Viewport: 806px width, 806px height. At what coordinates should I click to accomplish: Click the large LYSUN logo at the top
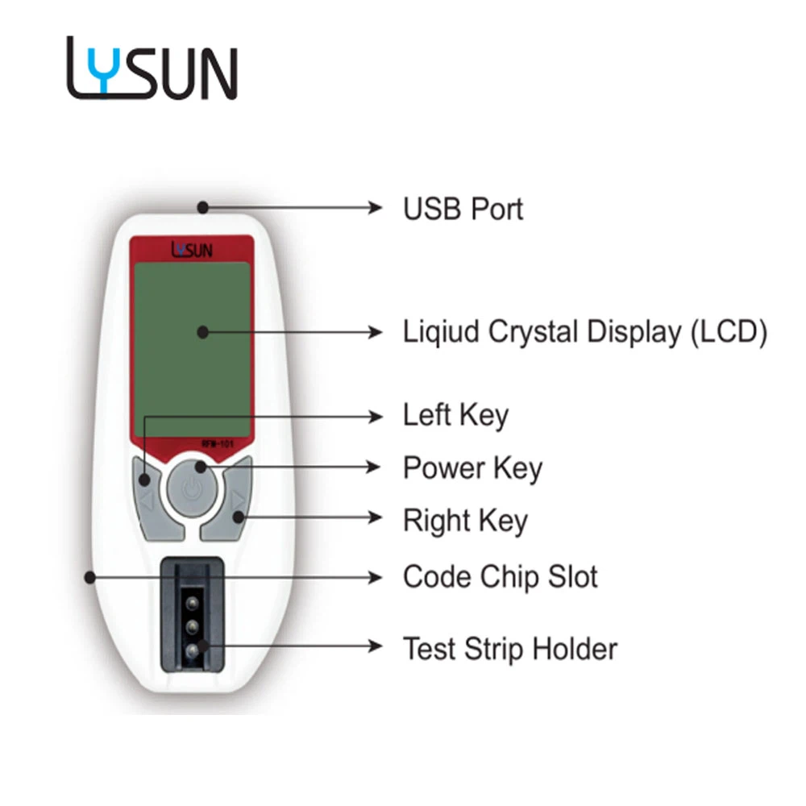[152, 68]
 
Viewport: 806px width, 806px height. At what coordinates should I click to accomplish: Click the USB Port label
[463, 209]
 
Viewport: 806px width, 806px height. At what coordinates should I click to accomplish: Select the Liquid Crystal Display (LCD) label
[585, 332]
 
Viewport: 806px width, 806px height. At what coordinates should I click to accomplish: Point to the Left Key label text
[455, 415]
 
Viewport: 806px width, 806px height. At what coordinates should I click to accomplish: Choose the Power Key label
[472, 468]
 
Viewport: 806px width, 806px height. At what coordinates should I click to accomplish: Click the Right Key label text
[465, 521]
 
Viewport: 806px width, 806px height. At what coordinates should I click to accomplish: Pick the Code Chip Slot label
[501, 577]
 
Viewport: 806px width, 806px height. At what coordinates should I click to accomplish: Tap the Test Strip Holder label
[510, 649]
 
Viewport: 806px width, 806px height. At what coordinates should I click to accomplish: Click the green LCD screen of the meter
[193, 350]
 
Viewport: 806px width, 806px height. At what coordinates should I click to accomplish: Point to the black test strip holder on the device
[193, 615]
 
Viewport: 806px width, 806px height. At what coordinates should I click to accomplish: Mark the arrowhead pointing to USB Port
[376, 208]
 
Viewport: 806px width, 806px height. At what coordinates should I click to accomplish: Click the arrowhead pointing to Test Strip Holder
[376, 646]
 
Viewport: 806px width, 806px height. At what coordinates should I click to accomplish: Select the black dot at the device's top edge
[203, 208]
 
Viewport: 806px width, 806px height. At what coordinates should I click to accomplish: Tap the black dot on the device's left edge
[90, 578]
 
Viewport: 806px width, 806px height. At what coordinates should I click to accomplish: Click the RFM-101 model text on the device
[218, 443]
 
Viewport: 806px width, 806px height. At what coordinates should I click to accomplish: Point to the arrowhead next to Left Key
[376, 417]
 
